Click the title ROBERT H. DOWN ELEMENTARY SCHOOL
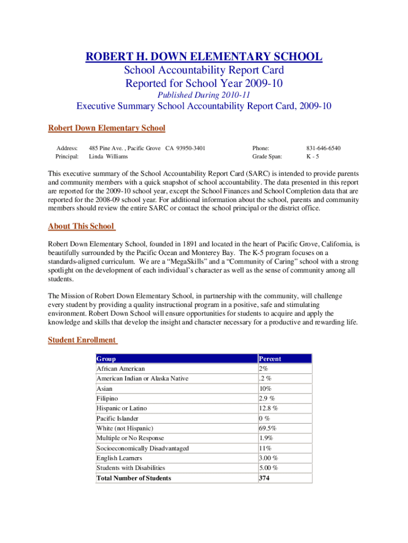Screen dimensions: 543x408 point(203,56)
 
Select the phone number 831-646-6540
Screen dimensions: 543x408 point(323,148)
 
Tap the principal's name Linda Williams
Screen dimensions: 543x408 point(108,156)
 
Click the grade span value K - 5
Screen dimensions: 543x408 point(312,156)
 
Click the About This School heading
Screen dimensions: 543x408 point(81,226)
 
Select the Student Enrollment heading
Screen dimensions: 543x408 point(82,340)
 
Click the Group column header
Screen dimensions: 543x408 point(106,359)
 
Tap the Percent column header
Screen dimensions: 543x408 point(270,359)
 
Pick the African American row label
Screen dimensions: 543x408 point(120,369)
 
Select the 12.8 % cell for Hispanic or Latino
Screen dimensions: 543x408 point(269,408)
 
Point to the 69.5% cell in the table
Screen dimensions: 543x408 point(267,428)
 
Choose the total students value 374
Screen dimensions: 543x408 point(265,478)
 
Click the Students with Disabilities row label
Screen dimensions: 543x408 point(130,468)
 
